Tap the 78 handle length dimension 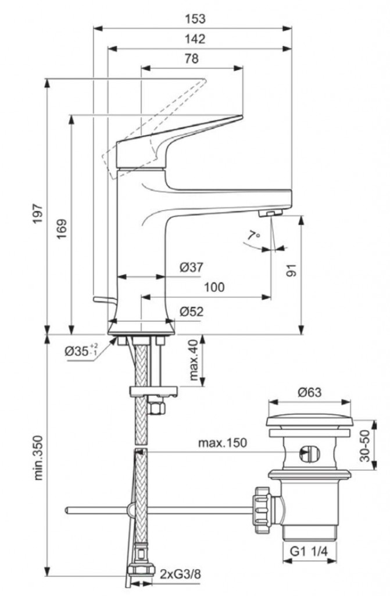pos(191,59)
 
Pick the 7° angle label pos(252,236)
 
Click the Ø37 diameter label pos(191,267)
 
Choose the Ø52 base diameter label pos(191,312)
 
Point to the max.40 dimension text pos(194,360)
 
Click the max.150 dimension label pos(222,443)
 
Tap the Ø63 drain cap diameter pos(310,393)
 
